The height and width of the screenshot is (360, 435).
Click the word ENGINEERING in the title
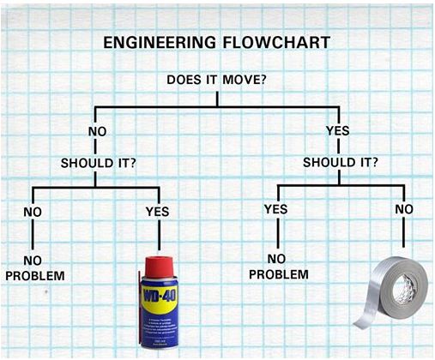pyautogui.click(x=160, y=42)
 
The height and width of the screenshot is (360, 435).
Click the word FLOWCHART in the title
pyautogui.click(x=276, y=42)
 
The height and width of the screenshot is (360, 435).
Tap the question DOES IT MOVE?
pyautogui.click(x=216, y=80)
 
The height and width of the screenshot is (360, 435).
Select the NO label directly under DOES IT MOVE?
pyautogui.click(x=98, y=132)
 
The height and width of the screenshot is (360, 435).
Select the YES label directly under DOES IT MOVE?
pyautogui.click(x=338, y=131)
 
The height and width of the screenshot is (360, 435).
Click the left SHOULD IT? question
pyautogui.click(x=99, y=163)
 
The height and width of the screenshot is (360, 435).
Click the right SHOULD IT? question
pyautogui.click(x=341, y=162)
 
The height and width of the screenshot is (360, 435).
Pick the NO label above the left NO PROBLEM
pyautogui.click(x=33, y=212)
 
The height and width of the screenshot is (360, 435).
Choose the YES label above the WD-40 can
pyautogui.click(x=157, y=212)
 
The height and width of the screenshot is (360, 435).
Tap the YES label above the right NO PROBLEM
pyautogui.click(x=275, y=209)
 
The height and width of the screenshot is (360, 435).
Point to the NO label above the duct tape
pyautogui.click(x=404, y=209)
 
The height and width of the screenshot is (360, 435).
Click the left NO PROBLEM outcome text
pyautogui.click(x=35, y=268)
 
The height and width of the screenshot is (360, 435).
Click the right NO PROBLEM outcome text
pyautogui.click(x=279, y=267)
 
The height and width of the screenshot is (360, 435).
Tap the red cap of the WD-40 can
pyautogui.click(x=159, y=267)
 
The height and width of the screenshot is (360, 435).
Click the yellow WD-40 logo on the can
pyautogui.click(x=160, y=297)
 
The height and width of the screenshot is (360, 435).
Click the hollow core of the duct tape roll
pyautogui.click(x=405, y=288)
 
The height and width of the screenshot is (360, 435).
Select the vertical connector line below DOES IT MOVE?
pyautogui.click(x=217, y=99)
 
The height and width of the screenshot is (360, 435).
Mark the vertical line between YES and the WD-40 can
pyautogui.click(x=159, y=234)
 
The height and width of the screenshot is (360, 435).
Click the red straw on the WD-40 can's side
pyautogui.click(x=140, y=308)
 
